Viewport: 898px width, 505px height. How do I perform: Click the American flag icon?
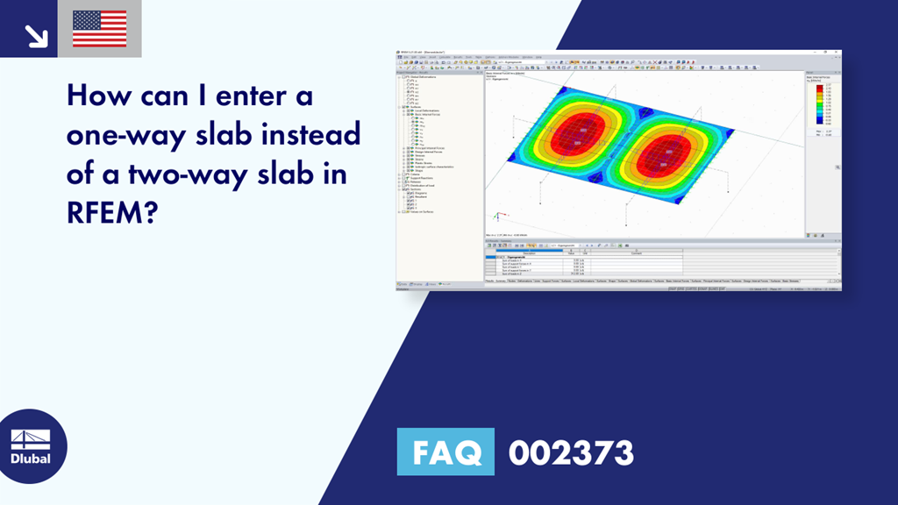pyautogui.click(x=99, y=28)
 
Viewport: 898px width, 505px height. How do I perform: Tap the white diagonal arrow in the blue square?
pyautogui.click(x=36, y=35)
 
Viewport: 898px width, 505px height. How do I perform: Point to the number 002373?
pyautogui.click(x=570, y=452)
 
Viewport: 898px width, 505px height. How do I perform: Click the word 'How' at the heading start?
pyautogui.click(x=97, y=96)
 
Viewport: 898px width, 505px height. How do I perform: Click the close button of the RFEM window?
pyautogui.click(x=837, y=52)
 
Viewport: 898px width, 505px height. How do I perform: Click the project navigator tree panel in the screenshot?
pyautogui.click(x=438, y=175)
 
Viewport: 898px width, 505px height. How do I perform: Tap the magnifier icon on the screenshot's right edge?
pyautogui.click(x=837, y=167)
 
